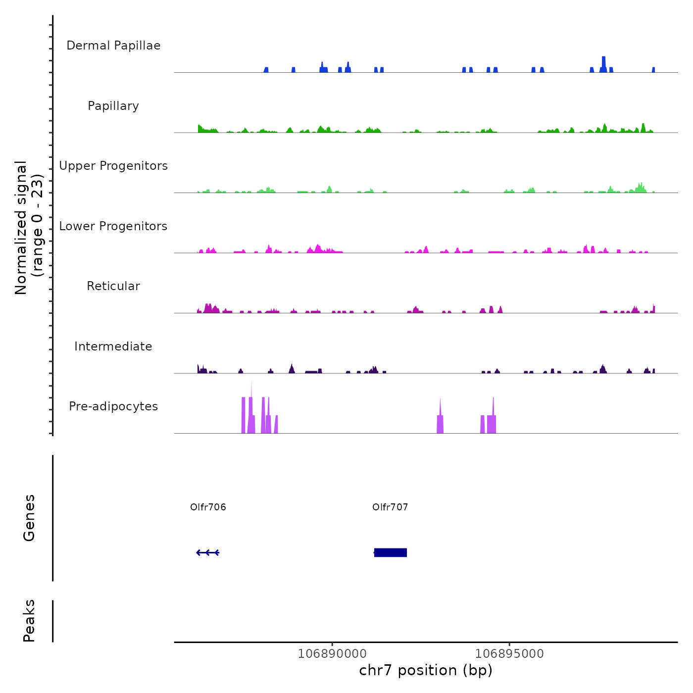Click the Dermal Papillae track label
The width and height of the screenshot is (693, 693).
tap(113, 46)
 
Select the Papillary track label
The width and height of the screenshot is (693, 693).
tap(113, 106)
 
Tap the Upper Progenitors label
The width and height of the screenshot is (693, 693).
tap(113, 166)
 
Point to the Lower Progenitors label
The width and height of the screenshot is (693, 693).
tap(113, 226)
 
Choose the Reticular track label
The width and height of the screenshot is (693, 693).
tap(113, 286)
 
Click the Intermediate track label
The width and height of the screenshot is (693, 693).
tap(113, 346)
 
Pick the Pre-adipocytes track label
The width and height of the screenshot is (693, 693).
tap(113, 406)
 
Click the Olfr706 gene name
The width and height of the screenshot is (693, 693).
tap(208, 507)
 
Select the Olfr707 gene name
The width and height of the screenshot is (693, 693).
tap(390, 507)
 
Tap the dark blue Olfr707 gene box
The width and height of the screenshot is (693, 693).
tap(391, 552)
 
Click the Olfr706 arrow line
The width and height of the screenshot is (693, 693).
tap(208, 552)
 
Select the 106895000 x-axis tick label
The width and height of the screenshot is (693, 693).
tap(509, 653)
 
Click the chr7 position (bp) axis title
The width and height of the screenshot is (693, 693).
tap(426, 670)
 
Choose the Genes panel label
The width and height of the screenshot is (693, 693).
tap(29, 518)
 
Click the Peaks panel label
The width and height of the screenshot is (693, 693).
tap(29, 621)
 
